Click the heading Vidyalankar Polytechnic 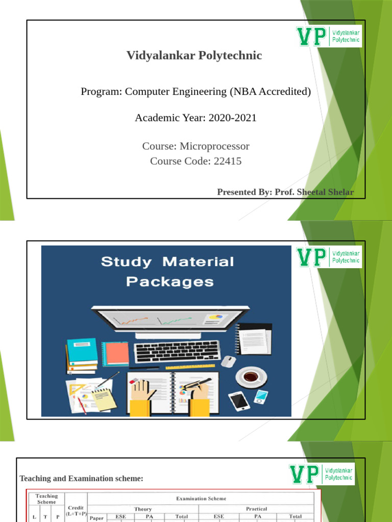point(194,56)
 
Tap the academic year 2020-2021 point(225,118)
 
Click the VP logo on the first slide point(329,36)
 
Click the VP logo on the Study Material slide point(329,257)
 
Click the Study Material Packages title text point(167,271)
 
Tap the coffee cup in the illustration point(250,377)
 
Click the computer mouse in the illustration point(229,361)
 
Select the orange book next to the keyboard point(116,353)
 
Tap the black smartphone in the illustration point(238,401)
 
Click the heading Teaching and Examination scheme point(81,478)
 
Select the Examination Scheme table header point(201,499)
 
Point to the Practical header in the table point(256,509)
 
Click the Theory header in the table point(143,509)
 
